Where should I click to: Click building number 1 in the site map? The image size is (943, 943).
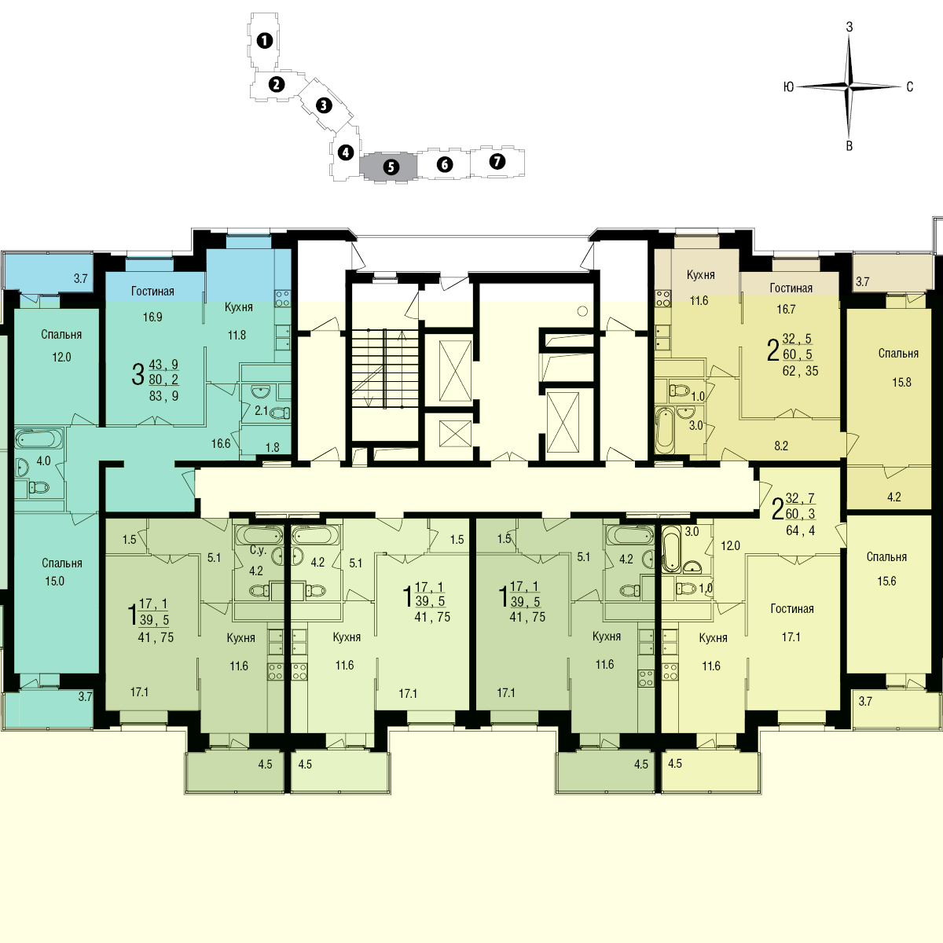264,41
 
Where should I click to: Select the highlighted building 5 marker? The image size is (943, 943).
391,167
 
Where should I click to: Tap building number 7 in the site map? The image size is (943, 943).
497,161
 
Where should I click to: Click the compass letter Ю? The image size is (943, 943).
788,87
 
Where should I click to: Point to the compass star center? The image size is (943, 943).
849,87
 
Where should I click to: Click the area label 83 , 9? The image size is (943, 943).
163,396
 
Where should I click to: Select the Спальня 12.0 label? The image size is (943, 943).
61,346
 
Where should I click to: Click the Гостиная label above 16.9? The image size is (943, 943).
152,292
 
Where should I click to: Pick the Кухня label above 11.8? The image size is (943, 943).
238,306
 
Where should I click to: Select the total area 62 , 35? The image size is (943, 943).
800,371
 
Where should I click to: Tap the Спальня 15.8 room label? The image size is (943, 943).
898,368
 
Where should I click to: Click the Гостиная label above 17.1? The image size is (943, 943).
792,609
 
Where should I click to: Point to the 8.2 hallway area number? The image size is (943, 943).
781,446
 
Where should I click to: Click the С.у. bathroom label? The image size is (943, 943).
258,550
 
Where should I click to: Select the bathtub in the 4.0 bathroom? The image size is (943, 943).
39,438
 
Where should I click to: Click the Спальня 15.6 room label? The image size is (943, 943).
886,569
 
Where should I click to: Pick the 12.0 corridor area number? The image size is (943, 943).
730,545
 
